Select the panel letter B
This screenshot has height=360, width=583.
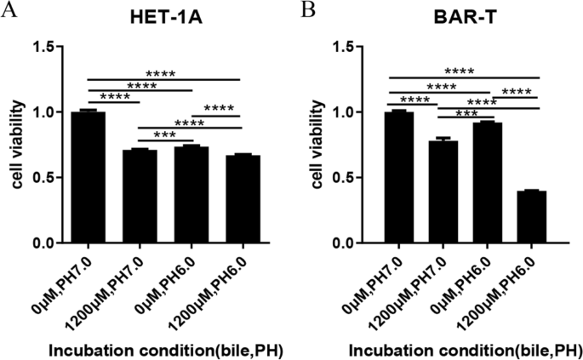pos(308,12)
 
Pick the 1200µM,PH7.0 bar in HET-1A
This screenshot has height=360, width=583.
pos(140,197)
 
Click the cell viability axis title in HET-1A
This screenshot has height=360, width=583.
pos(15,145)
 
